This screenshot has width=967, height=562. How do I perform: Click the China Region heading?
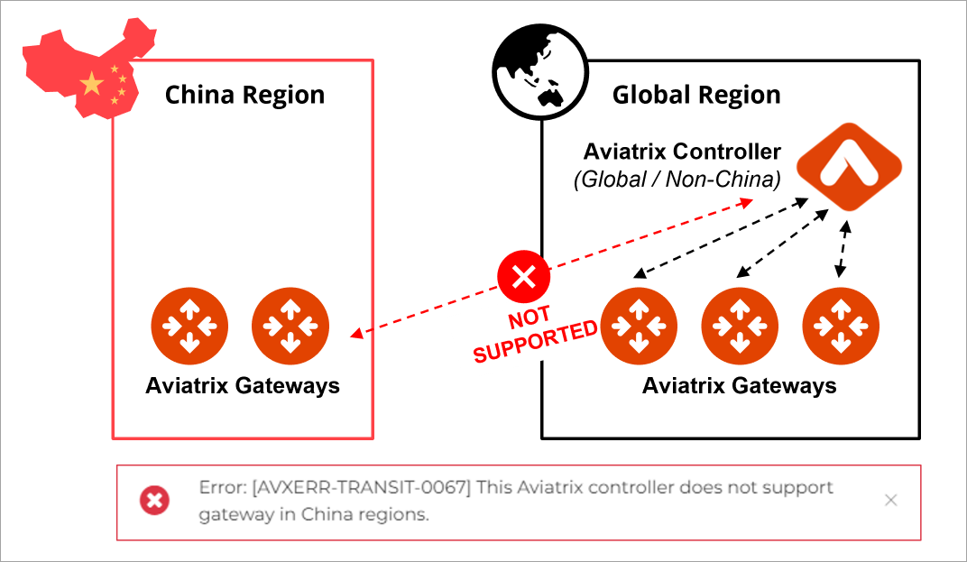(x=244, y=95)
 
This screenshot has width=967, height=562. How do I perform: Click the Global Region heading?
(x=696, y=95)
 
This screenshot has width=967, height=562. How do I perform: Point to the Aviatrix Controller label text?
(x=682, y=151)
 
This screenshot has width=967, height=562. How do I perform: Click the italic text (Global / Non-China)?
(x=677, y=179)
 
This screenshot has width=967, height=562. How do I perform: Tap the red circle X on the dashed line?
(x=524, y=277)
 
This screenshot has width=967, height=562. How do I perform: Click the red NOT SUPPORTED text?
(x=535, y=336)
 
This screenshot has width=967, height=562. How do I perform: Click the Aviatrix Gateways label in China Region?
(x=243, y=386)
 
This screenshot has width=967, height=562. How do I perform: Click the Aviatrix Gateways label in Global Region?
(x=739, y=386)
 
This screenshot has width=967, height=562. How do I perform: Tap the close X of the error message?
(x=890, y=500)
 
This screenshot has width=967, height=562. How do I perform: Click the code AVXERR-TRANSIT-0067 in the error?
(x=362, y=488)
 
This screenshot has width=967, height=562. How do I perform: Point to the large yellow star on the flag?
(x=91, y=85)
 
